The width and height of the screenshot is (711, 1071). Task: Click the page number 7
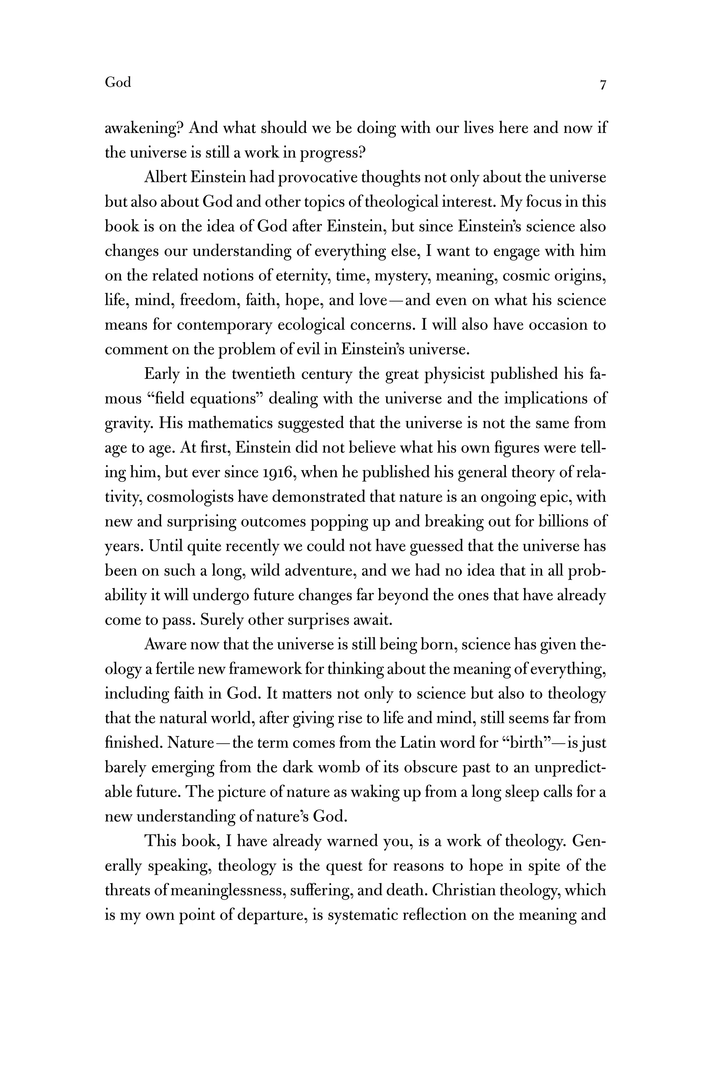click(603, 85)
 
